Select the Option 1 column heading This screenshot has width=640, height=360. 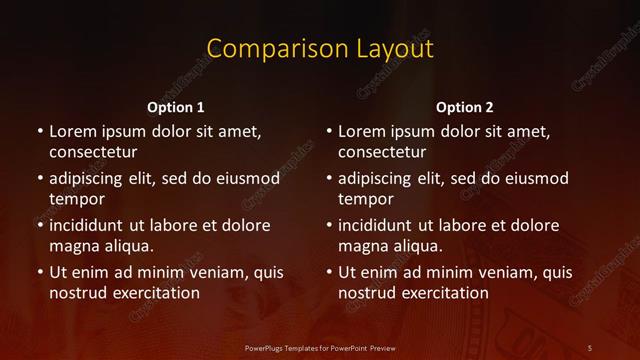176,107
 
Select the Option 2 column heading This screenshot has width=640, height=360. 465,107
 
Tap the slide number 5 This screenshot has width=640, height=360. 590,347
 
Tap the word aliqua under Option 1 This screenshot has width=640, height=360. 125,246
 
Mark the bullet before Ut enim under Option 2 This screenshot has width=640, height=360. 328,272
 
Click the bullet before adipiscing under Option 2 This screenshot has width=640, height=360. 328,179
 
